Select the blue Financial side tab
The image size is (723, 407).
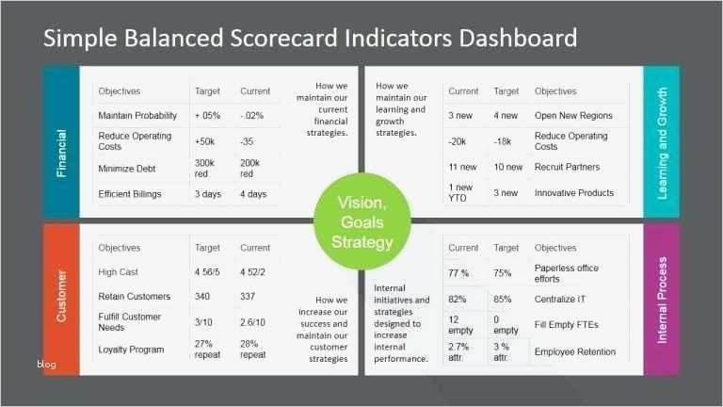tap(61, 143)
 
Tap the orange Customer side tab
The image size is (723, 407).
tap(61, 297)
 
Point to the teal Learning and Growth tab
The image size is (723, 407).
tap(662, 143)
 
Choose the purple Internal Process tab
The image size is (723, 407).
tap(662, 299)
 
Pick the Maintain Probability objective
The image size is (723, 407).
tap(137, 116)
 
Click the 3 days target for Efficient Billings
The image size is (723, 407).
tap(209, 194)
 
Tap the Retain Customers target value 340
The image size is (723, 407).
tap(203, 297)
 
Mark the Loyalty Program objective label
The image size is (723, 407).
tap(131, 350)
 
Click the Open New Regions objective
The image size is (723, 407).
tap(573, 116)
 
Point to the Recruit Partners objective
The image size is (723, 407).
tap(567, 167)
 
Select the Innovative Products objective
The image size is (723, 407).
tap(574, 193)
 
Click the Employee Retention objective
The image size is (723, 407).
tap(575, 352)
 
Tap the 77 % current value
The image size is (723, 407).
tap(458, 273)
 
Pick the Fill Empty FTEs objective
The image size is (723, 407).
tap(567, 325)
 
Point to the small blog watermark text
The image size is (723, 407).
tap(47, 364)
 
